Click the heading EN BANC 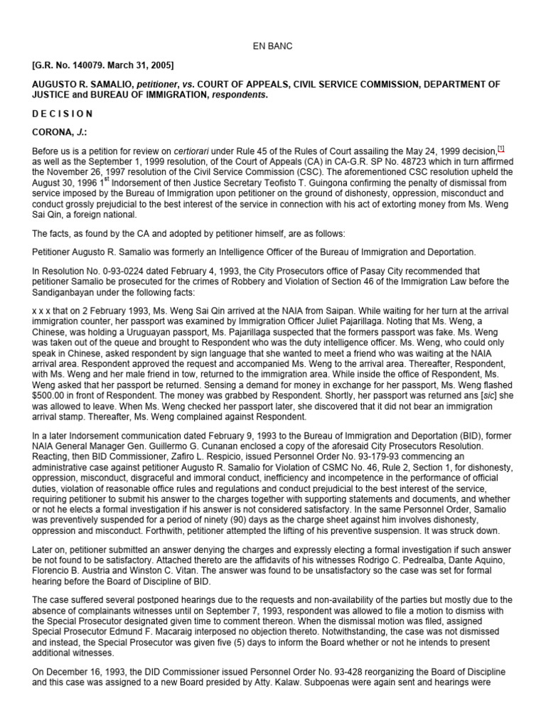click(x=273, y=46)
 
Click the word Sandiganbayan click(x=65, y=291)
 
